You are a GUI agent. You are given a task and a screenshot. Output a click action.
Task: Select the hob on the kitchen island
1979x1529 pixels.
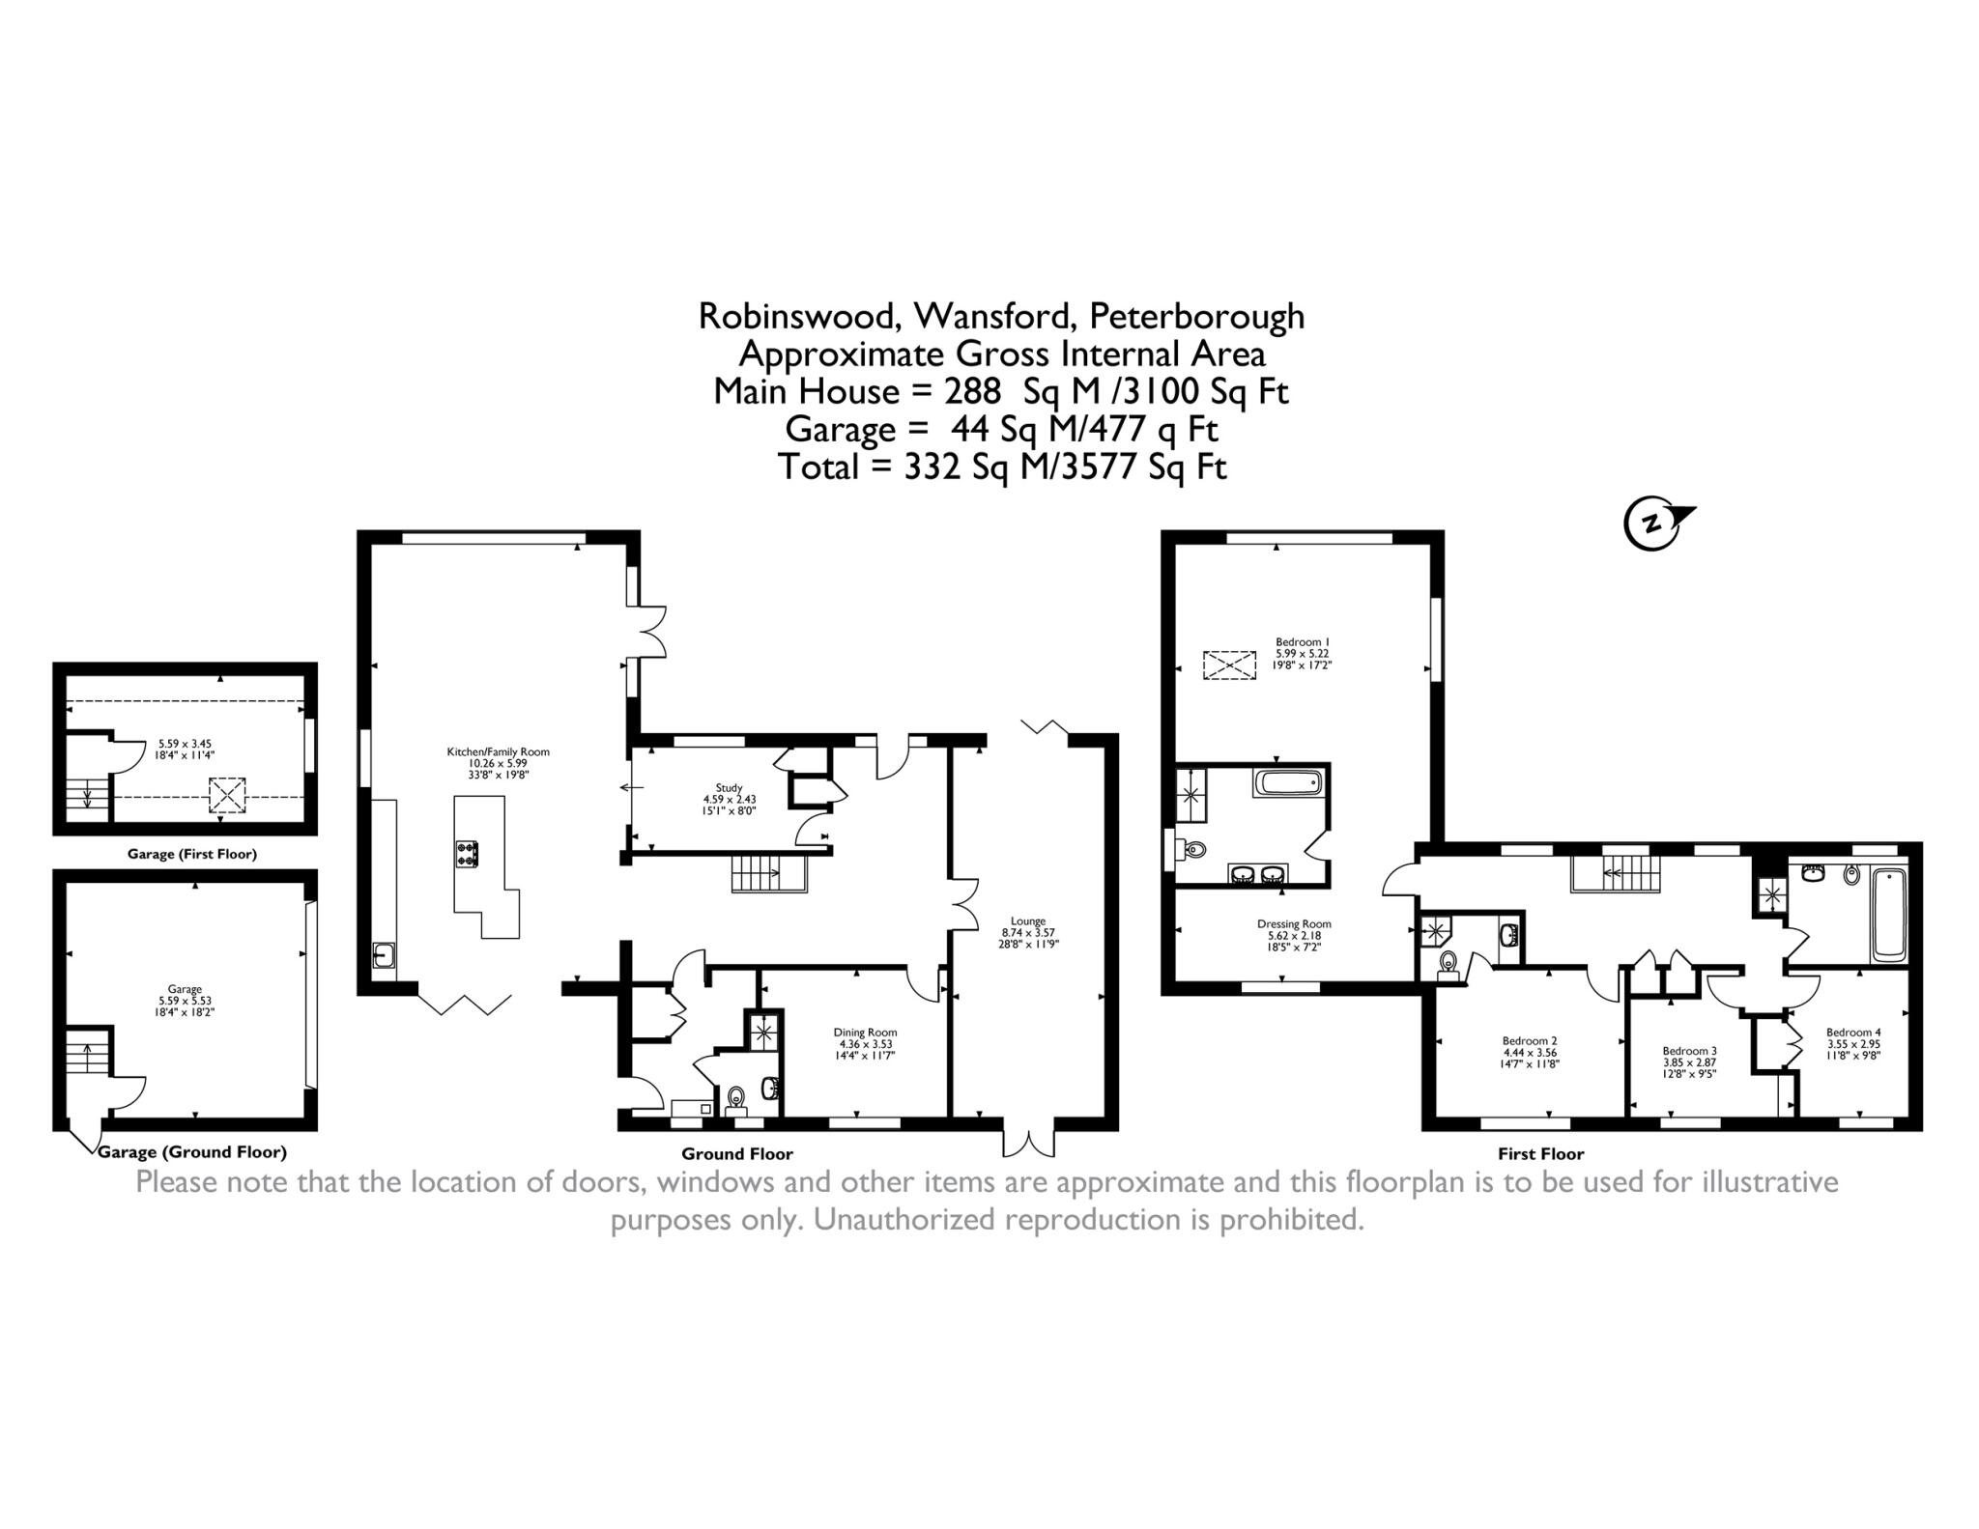[x=467, y=853]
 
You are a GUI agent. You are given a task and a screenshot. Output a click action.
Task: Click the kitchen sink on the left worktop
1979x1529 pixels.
[x=385, y=955]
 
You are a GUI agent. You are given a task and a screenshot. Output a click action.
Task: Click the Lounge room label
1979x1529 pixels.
[x=1027, y=933]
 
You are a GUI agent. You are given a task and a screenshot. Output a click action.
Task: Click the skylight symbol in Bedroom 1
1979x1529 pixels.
[x=1230, y=665]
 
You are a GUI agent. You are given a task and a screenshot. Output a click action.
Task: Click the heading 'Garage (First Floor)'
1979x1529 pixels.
[x=191, y=854]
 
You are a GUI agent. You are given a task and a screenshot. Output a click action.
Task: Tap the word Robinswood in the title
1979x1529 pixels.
[x=800, y=316]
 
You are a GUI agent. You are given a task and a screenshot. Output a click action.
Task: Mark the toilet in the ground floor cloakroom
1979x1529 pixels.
[x=736, y=1096]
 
